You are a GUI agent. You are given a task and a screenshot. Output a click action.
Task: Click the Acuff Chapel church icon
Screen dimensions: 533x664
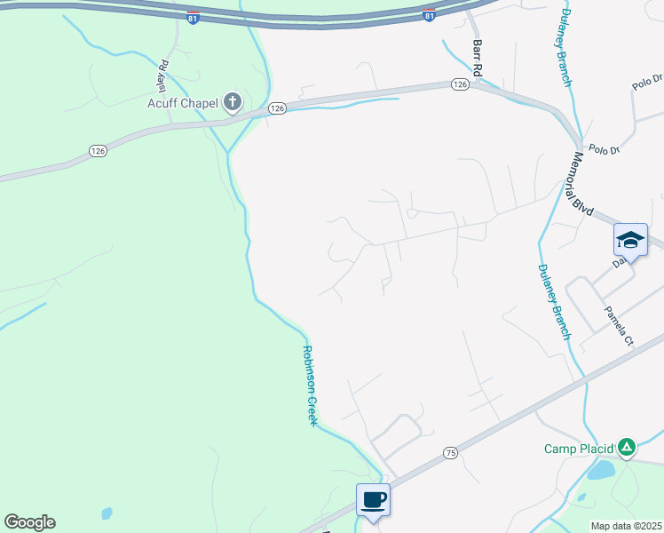232,102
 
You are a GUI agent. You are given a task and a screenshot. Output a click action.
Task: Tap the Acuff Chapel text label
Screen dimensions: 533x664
183,103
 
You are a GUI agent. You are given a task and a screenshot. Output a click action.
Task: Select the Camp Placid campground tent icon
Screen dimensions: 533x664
627,447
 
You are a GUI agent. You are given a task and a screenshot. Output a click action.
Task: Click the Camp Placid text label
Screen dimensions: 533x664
579,449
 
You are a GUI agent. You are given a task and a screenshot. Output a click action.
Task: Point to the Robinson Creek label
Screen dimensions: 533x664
311,385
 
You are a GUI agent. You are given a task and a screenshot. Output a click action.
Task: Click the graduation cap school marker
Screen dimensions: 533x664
630,240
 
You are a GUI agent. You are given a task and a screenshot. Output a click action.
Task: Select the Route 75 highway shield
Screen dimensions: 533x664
451,453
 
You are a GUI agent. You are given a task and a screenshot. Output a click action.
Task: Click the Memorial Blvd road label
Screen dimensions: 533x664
583,182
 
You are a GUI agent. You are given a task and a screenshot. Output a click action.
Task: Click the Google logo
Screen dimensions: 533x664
29,522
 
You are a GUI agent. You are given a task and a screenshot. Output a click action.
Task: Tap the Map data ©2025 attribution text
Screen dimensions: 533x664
626,526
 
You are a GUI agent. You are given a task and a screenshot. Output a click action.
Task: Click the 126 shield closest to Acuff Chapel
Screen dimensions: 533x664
277,107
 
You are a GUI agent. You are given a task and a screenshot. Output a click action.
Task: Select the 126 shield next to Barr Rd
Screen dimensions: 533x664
459,84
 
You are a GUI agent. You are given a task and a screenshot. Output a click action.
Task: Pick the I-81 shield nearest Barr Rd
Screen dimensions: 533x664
430,16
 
